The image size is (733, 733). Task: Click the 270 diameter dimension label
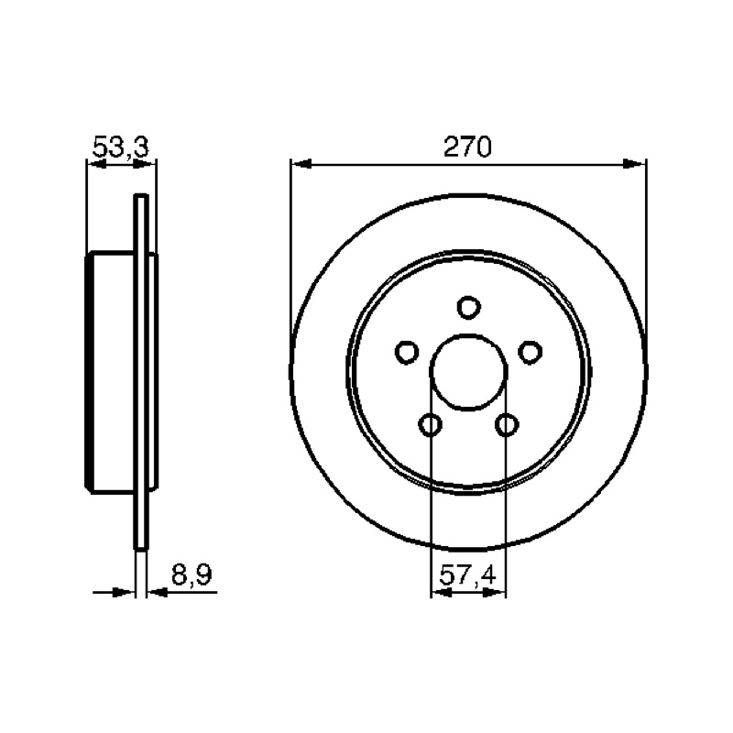pyautogui.click(x=467, y=147)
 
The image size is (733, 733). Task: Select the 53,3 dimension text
pyautogui.click(x=121, y=147)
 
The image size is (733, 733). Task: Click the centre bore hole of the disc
pyautogui.click(x=468, y=373)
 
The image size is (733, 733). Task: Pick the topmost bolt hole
pyautogui.click(x=468, y=307)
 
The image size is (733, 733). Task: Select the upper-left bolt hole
pyautogui.click(x=407, y=352)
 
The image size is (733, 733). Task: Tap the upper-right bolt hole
pyautogui.click(x=531, y=352)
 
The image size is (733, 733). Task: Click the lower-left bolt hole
pyautogui.click(x=430, y=425)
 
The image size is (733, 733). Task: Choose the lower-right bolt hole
pyautogui.click(x=507, y=425)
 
